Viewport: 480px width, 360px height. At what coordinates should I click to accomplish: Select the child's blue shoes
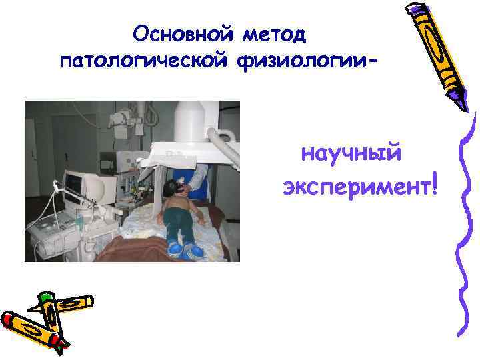(x=183, y=249)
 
